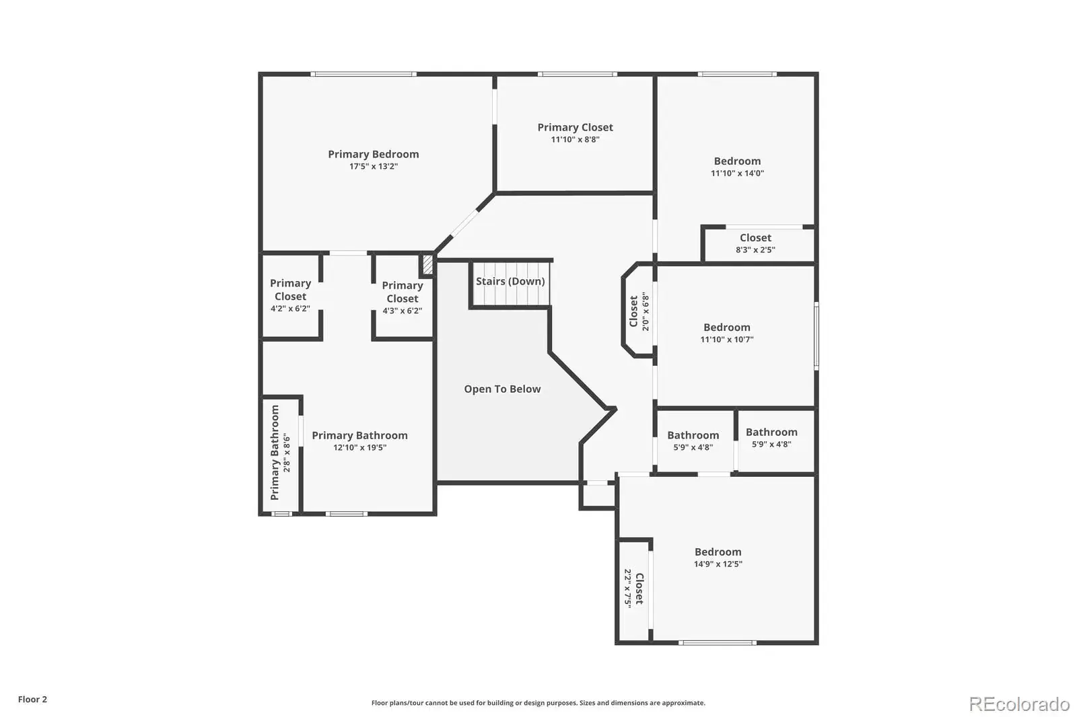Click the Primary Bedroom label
pos(373,154)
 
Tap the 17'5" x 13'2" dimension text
pos(373,166)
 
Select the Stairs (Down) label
pos(510,281)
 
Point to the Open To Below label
pos(502,389)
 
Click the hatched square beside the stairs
pos(427,265)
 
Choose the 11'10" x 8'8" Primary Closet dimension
pos(575,139)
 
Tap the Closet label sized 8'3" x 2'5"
pos(755,237)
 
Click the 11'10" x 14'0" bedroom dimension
pos(737,173)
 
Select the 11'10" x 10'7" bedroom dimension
pos(726,339)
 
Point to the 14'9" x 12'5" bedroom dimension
pos(718,564)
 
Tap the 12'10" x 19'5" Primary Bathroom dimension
pos(359,447)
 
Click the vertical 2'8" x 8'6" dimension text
pos(287,453)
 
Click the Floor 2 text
pos(32,700)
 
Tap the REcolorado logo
pos(1019,704)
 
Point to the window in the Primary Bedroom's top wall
pos(363,74)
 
